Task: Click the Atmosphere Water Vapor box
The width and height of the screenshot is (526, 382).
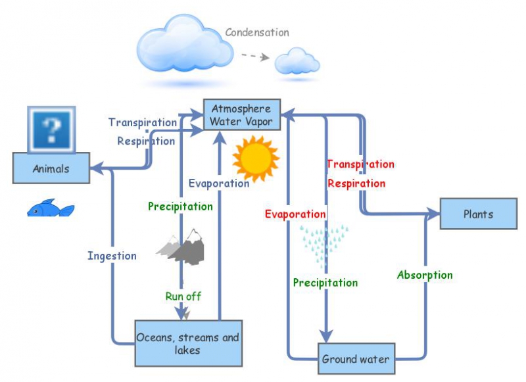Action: coord(241,115)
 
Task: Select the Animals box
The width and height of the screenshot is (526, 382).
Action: coord(51,168)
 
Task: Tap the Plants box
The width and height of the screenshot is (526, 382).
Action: coord(478,214)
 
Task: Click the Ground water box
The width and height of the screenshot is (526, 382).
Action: coord(356,360)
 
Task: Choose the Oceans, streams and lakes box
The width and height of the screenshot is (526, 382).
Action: coord(188,343)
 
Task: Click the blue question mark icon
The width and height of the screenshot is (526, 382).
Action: coord(51,128)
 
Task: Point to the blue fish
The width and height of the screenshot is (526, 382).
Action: coord(50,209)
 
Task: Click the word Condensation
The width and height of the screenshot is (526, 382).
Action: coord(256,32)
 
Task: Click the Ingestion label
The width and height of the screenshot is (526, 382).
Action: coord(112,256)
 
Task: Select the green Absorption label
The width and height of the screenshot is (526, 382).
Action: coord(425,275)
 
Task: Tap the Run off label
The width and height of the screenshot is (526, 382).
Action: coord(183,296)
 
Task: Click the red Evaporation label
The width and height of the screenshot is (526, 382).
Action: coord(295,214)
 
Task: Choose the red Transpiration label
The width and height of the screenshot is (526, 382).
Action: coord(360,164)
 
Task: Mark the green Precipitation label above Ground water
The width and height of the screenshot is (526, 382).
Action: coord(325,283)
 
